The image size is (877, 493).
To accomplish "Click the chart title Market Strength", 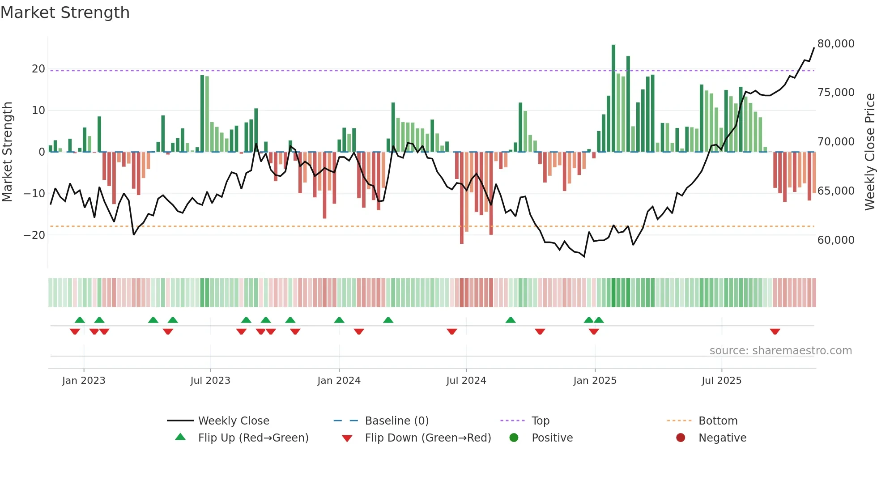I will [65, 13].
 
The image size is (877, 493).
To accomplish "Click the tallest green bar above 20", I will [613, 98].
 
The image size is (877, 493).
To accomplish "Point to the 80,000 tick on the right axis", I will [835, 44].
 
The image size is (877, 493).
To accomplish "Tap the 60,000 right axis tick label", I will [835, 240].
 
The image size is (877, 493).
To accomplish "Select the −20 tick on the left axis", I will [34, 235].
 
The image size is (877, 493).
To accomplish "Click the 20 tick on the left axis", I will [38, 69].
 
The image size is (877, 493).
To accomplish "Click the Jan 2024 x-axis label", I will [339, 381].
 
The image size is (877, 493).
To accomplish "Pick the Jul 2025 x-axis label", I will [721, 381].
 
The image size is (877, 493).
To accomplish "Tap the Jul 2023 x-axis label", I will [210, 381].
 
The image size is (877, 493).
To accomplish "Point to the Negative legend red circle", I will [681, 438].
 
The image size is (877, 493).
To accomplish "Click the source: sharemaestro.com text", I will [780, 351].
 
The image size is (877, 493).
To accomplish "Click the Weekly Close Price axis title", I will [869, 152].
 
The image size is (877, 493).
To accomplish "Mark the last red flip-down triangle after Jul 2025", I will [775, 331].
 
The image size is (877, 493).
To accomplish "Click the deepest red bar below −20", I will [462, 198].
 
